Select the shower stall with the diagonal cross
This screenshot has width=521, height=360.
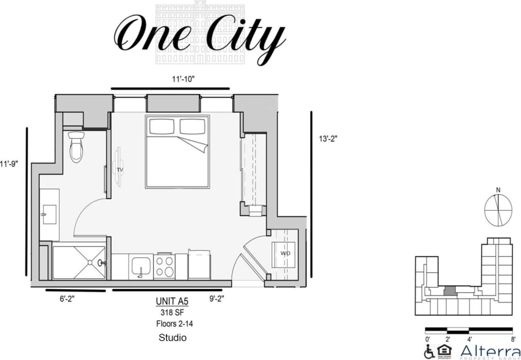(78, 262)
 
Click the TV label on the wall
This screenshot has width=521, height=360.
(120, 169)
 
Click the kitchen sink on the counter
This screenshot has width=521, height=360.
(140, 265)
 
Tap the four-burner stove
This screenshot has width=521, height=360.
(164, 266)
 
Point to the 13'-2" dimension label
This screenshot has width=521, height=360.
(328, 138)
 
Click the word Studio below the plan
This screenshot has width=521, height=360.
(172, 338)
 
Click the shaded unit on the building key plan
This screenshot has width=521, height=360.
(449, 291)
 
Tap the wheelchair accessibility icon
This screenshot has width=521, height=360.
(430, 351)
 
